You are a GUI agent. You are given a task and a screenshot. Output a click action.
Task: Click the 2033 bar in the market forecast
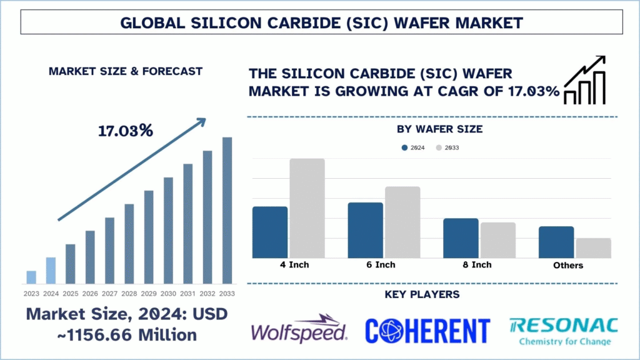(x=227, y=210)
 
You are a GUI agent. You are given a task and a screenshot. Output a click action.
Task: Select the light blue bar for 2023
(x=31, y=277)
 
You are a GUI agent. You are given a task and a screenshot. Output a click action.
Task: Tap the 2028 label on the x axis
(x=129, y=294)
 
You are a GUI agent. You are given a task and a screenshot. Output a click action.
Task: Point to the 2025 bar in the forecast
(x=71, y=263)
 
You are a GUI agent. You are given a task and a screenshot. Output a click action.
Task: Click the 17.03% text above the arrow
(x=125, y=131)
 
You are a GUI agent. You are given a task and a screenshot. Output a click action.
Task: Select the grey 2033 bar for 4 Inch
(x=307, y=208)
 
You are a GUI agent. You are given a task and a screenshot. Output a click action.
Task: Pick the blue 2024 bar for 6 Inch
(x=366, y=230)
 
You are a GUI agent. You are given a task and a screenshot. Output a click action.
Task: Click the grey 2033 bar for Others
(x=593, y=248)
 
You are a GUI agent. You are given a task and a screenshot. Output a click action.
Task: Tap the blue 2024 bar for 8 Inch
(x=461, y=238)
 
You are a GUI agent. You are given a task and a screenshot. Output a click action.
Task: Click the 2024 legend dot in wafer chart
(x=404, y=148)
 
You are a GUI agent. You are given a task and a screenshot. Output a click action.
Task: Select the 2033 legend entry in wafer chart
(x=448, y=148)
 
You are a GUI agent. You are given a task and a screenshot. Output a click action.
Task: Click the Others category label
(x=567, y=266)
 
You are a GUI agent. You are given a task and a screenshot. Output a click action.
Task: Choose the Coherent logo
(x=427, y=329)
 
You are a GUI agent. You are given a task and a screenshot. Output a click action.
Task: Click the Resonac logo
(x=564, y=329)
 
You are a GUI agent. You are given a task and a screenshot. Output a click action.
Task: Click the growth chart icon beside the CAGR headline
(x=584, y=80)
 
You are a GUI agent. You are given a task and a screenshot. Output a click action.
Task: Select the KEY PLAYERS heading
(x=431, y=294)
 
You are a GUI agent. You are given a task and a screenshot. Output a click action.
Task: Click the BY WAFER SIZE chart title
(x=431, y=129)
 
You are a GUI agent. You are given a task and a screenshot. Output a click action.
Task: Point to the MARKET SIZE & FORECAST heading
(x=125, y=71)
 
